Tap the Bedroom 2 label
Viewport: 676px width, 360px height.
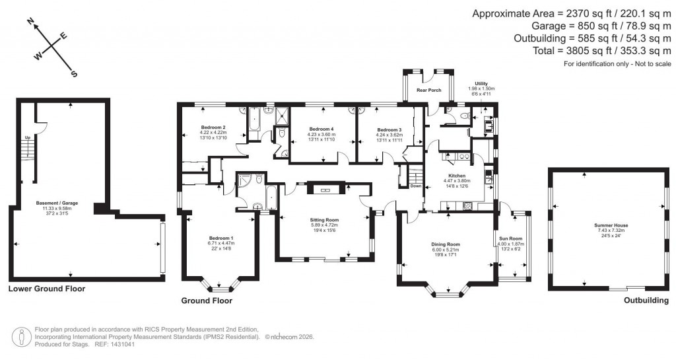pos(213,127)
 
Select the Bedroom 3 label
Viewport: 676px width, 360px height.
pos(389,129)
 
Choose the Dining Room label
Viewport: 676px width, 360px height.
pos(446,244)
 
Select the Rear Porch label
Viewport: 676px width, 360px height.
pos(428,90)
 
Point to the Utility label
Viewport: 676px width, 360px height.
pos(481,83)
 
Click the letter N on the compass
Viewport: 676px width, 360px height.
pos(30,22)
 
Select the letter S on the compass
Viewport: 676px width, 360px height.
pos(74,74)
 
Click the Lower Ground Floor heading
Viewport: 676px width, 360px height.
pos(46,289)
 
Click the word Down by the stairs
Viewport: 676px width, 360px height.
pos(415,186)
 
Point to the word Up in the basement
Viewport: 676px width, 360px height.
pos(28,137)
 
